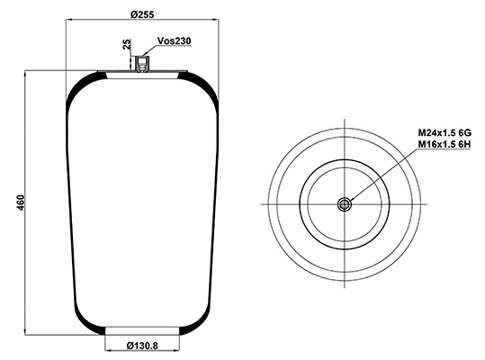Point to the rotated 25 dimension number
127,45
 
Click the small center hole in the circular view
344,204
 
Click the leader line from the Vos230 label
149,51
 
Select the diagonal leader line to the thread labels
378,172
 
